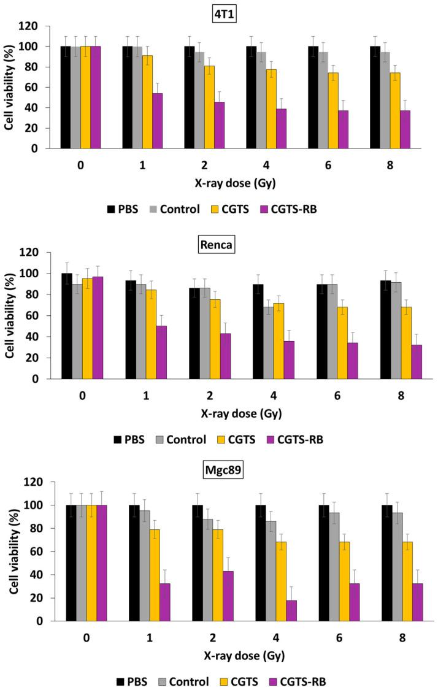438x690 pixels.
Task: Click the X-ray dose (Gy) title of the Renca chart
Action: pos(240,413)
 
